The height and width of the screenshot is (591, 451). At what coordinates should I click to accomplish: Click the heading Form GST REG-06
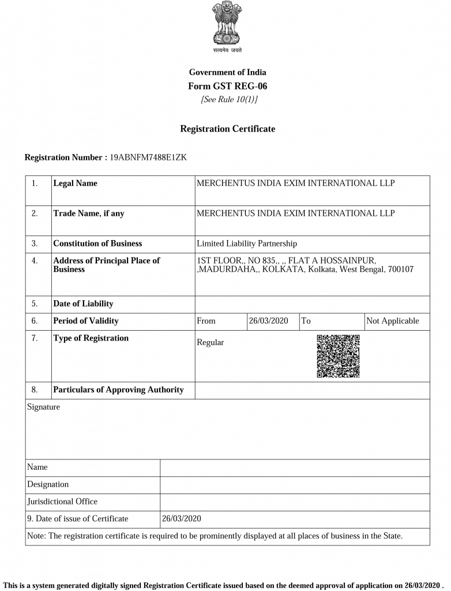point(228,86)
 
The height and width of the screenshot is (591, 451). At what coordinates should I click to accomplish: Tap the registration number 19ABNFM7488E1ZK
point(148,157)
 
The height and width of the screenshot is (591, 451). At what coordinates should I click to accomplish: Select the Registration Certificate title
point(228,129)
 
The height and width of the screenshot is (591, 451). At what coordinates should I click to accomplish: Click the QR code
point(338,356)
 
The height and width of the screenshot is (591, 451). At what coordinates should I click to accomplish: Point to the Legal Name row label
point(75,184)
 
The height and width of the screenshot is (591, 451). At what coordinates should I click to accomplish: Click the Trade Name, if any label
point(88,214)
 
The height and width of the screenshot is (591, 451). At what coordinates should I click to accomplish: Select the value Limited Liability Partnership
point(247,244)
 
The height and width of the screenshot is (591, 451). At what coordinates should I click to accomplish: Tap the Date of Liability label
point(83,304)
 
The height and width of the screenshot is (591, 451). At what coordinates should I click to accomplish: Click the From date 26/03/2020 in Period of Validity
point(268,321)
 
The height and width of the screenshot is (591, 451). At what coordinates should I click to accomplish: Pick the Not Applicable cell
point(393,321)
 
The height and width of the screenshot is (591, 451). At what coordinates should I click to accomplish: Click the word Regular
point(211,342)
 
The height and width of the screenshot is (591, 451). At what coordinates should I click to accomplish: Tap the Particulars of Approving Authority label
point(118,390)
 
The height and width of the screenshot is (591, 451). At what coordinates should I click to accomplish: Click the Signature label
point(43,407)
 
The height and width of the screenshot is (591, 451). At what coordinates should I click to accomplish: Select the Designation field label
point(48,484)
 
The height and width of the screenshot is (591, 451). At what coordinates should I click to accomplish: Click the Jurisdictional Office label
point(62,502)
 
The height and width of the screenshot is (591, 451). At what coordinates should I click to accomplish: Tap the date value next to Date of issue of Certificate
point(182,518)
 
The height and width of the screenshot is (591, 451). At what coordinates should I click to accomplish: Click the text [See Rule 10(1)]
point(229,100)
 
